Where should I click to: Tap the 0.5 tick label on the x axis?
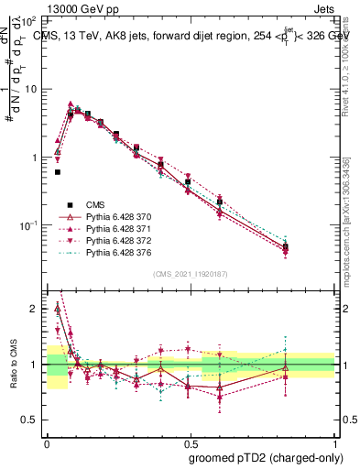(190, 442)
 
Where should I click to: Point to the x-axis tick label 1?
(334, 442)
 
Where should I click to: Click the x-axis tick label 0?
(47, 442)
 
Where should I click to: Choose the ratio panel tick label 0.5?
(30, 420)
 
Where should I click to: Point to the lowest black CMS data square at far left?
(58, 171)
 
